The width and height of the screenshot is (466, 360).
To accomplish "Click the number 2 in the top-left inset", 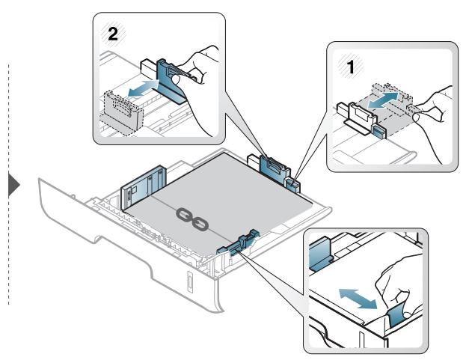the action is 113,34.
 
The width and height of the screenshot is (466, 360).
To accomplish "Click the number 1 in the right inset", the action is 351,67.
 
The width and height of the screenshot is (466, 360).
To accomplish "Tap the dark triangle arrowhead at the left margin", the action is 13,186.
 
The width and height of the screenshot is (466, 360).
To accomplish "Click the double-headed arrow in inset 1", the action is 382,100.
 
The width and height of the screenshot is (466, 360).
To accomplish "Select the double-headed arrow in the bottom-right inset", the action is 358,298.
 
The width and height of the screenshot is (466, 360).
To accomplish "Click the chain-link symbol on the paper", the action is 191,219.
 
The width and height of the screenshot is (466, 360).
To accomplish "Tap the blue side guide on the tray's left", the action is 144,187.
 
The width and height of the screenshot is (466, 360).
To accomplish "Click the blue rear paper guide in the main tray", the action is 275,169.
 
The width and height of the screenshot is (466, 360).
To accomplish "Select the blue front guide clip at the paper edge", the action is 239,242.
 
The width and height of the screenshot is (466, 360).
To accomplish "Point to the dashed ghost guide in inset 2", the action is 122,112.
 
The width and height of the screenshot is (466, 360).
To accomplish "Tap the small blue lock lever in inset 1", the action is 378,131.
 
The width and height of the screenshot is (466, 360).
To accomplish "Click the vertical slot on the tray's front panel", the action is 189,281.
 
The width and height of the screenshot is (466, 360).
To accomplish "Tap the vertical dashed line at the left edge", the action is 9,184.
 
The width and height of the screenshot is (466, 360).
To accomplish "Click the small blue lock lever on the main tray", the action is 292,184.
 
